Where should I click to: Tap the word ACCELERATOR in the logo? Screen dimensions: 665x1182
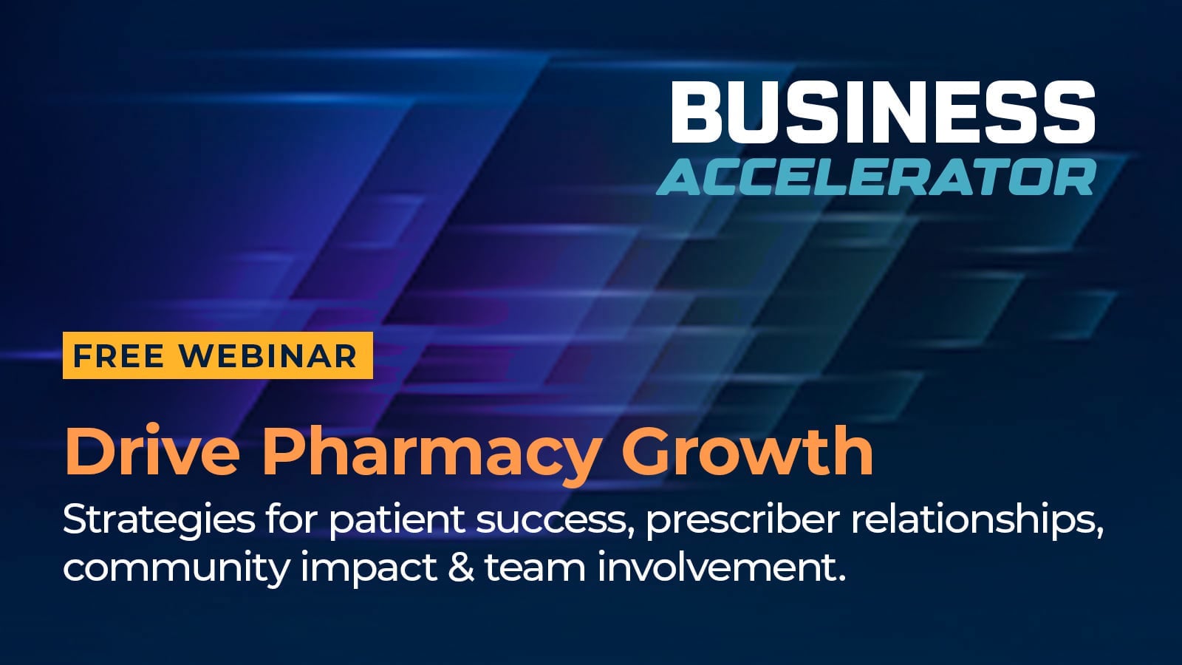click(x=876, y=177)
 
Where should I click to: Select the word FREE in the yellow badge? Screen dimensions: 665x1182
click(x=118, y=356)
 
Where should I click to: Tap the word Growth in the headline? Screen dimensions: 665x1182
click(x=748, y=452)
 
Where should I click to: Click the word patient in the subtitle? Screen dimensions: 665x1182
click(x=397, y=521)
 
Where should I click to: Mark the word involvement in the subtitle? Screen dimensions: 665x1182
click(x=721, y=567)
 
